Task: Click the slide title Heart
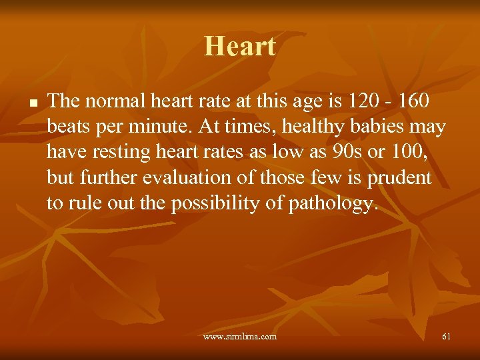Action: (x=240, y=47)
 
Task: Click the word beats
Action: (x=68, y=127)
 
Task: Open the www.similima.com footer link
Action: (x=240, y=337)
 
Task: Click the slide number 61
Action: (x=446, y=337)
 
